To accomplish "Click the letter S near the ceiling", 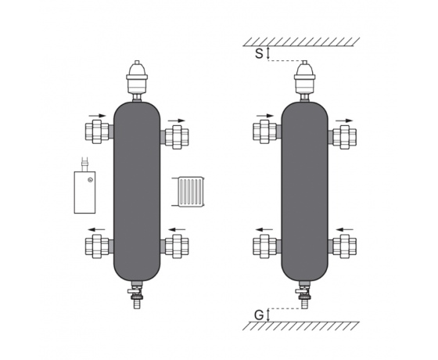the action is (x=259, y=54).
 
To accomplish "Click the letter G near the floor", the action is (x=259, y=315).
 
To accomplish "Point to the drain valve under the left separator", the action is (x=137, y=294).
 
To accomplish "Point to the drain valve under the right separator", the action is (x=303, y=294).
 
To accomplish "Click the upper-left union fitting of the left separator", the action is (x=97, y=131).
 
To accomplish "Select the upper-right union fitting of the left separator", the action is (x=177, y=137).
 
